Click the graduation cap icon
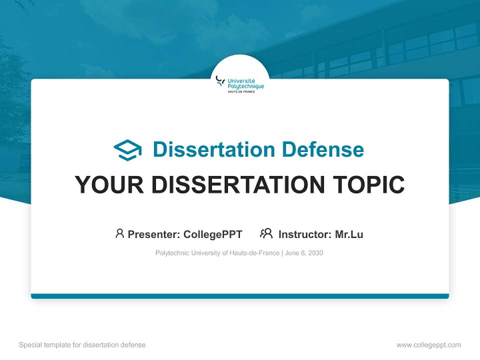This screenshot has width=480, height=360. pos(127,150)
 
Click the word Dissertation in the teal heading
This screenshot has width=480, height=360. pos(214,149)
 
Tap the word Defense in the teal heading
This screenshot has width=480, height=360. pos(322,149)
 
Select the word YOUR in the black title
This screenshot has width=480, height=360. pos(109,184)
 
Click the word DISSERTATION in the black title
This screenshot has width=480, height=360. pos(238,184)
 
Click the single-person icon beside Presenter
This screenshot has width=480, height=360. pos(119,233)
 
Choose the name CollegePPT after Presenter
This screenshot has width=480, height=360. pos(213,234)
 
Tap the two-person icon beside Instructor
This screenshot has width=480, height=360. pos(266,233)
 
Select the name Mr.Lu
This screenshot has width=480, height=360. pos(349,234)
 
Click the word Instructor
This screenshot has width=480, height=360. pos(305,234)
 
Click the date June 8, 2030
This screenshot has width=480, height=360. pos(304,253)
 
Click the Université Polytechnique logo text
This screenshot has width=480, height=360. pos(245,84)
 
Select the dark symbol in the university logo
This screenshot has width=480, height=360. pos(220,81)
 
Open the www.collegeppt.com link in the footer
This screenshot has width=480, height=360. pos(428,345)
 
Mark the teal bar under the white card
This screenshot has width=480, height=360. pos(240,296)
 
